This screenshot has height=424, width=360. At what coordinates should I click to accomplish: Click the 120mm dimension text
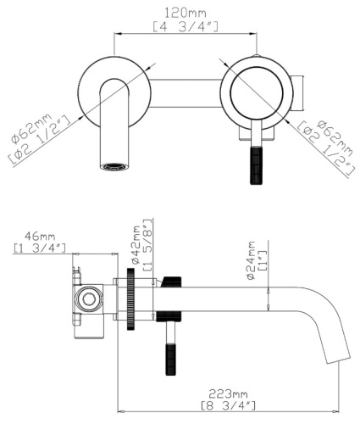(x=186, y=14)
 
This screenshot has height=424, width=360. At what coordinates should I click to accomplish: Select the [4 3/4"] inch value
(x=186, y=28)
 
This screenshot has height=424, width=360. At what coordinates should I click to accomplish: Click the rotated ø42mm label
(x=135, y=242)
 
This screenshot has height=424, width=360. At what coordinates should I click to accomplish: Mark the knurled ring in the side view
(x=132, y=301)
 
